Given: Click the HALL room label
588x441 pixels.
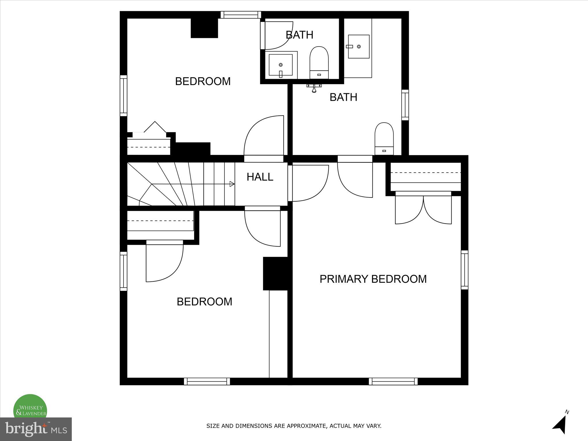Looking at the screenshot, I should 260,177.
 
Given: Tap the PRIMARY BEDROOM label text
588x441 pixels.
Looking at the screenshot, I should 373,279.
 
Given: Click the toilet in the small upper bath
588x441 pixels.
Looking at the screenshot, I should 319,63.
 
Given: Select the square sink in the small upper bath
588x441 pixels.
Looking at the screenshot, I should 281,65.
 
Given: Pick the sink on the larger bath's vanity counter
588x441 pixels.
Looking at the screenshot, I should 358,47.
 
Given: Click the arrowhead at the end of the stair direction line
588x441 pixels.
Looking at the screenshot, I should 232,184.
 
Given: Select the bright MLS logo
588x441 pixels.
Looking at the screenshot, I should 36,429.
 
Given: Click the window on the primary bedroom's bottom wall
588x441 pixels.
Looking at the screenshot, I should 393,381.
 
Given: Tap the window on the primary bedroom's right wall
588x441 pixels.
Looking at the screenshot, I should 464,270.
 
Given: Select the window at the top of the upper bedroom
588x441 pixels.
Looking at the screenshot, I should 241,15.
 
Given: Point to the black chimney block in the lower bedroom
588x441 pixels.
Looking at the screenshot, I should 275,273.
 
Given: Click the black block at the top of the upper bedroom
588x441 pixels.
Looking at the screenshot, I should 204,28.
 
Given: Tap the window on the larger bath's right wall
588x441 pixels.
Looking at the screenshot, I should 405,105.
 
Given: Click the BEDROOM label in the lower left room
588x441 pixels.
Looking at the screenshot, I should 204,302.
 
